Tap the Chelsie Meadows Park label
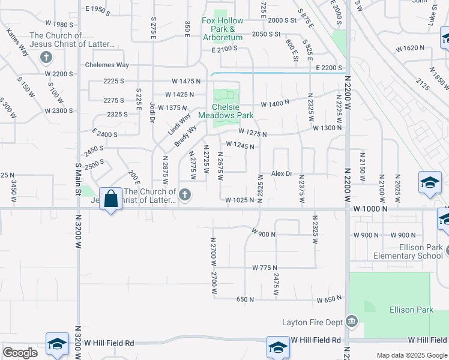[x=226, y=111]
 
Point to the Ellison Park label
[x=411, y=310]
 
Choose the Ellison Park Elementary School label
[x=420, y=251]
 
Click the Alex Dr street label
[x=282, y=173]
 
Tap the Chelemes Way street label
[x=107, y=65]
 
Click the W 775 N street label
[x=265, y=267]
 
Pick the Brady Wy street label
[x=185, y=136]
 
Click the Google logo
[x=20, y=352]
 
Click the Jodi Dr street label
[x=152, y=113]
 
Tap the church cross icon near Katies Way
[x=46, y=57]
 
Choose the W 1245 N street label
[x=240, y=146]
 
